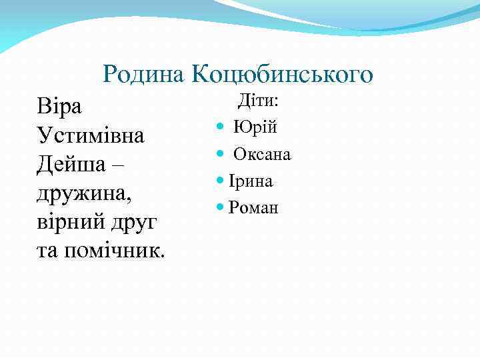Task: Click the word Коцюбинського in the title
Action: click(x=282, y=75)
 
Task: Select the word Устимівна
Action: click(x=91, y=136)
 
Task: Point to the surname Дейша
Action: click(x=74, y=165)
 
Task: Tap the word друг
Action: click(x=134, y=223)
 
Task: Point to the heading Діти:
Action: click(x=259, y=101)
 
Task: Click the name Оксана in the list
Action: click(x=262, y=154)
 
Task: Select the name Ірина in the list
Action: click(x=251, y=181)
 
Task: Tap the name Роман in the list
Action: click(x=253, y=207)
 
